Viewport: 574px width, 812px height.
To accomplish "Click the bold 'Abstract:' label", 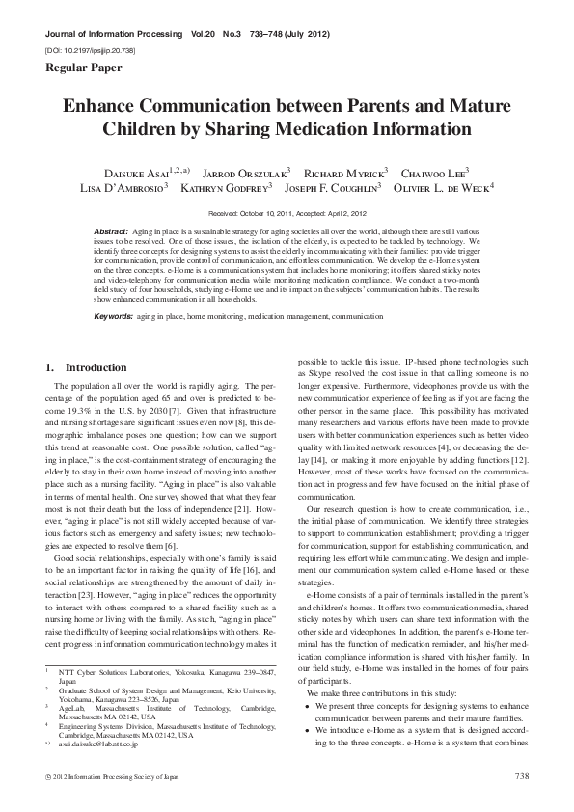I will [113, 234].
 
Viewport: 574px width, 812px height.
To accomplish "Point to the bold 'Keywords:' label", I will [114, 316].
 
